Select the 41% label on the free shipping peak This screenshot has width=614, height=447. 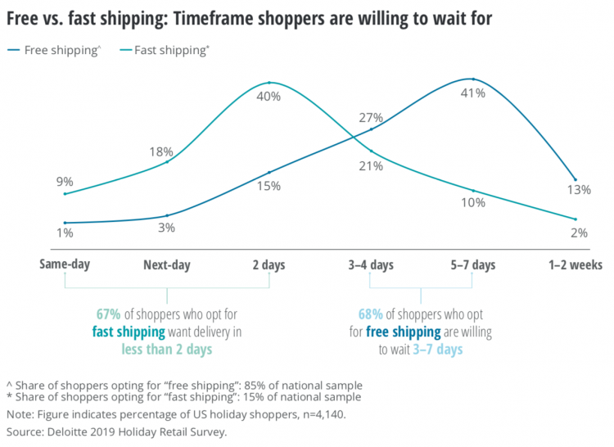coord(472,93)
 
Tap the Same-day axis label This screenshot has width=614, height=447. coord(65,264)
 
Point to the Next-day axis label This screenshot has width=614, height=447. coord(166,264)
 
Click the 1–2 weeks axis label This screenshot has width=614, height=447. coord(576,264)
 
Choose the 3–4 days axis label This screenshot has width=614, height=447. coord(371,264)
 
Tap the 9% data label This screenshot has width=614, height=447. coord(65,182)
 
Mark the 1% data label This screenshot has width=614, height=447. coord(65,233)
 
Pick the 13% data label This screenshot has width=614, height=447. coord(579,190)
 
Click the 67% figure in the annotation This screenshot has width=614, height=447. coord(109,314)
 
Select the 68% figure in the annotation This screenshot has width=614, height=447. coord(370,314)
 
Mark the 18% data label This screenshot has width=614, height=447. coord(160,151)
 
